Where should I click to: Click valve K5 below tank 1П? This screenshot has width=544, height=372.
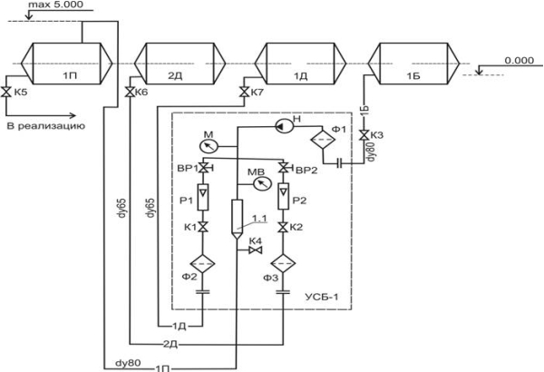[x=6, y=92]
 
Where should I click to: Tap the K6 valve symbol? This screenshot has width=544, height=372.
[x=130, y=92]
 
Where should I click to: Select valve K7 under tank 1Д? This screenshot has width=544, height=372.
[x=244, y=92]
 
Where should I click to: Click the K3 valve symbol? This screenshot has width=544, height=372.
[x=364, y=135]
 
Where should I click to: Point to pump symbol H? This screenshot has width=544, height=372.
[x=285, y=126]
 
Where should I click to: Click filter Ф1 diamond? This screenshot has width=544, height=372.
[x=323, y=140]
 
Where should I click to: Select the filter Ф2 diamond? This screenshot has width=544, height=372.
[x=202, y=264]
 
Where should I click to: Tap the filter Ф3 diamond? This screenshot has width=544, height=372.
[x=284, y=264]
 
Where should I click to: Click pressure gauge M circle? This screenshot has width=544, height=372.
[x=209, y=146]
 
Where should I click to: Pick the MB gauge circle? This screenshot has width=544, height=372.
[x=263, y=183]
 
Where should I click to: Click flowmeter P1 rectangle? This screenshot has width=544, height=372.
[x=203, y=197]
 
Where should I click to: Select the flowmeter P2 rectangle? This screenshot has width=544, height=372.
[x=284, y=196]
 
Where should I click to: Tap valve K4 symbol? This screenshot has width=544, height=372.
[x=256, y=250]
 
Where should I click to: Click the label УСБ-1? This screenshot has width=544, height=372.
[x=321, y=297]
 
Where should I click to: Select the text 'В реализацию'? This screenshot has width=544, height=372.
[x=46, y=126]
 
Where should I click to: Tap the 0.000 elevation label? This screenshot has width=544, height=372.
[x=520, y=61]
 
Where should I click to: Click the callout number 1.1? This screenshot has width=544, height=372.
[x=259, y=219]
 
